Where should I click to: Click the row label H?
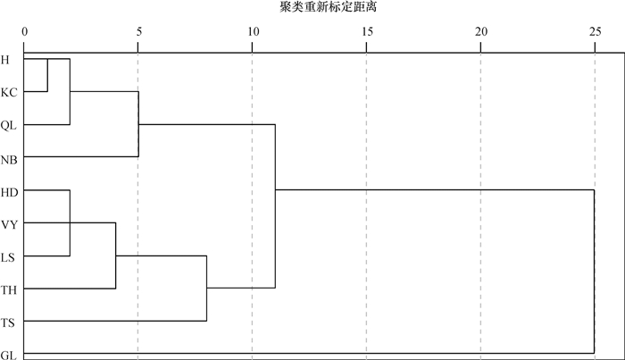coord(5,60)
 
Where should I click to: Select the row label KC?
coord(8,92)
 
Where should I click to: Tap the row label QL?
coord(8,125)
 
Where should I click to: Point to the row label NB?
coord(8,158)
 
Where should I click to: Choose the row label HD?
coord(9,191)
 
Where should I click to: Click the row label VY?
coord(9,224)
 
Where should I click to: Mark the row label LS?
coord(8,257)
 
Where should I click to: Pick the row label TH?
coord(9,289)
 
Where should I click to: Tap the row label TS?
coord(8,322)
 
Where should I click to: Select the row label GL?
coord(8,355)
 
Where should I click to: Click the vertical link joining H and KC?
coord(47,75)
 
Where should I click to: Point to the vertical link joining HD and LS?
coord(70,222)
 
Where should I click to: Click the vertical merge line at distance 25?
coord(594,272)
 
